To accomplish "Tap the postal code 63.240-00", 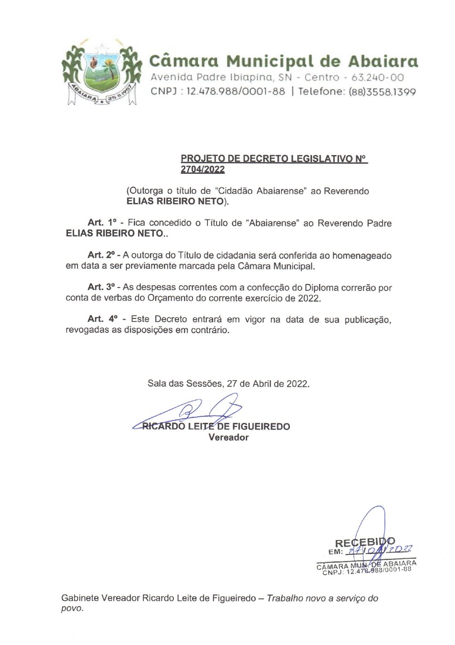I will point(377,78).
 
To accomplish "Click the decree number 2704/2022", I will point(203,170).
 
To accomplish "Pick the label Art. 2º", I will point(101,255).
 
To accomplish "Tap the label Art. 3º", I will point(101,287).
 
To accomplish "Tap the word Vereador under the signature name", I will point(228,437).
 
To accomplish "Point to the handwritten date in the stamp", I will point(379,551).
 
